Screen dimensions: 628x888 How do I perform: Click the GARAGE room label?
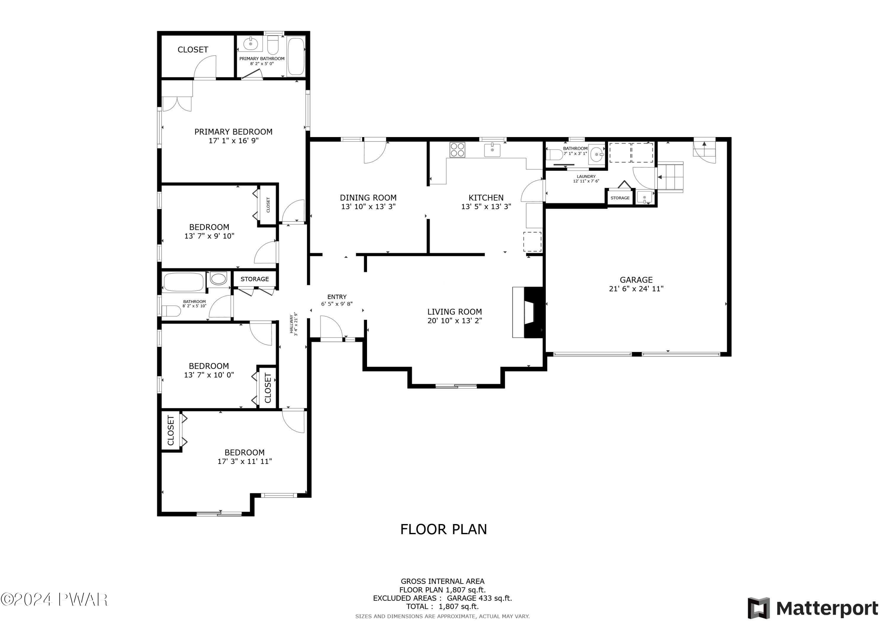pyautogui.click(x=636, y=280)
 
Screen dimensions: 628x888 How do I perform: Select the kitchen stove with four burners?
pyautogui.click(x=457, y=150)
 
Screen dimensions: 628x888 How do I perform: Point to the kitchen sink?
pyautogui.click(x=492, y=150)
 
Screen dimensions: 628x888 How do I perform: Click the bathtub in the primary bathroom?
pyautogui.click(x=296, y=56)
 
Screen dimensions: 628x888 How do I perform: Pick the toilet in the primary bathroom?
pyautogui.click(x=273, y=46)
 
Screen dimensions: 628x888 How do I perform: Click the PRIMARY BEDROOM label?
pyautogui.click(x=233, y=131)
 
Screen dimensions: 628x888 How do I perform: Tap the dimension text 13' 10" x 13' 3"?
pyautogui.click(x=368, y=207)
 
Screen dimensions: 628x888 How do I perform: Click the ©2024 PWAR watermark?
pyautogui.click(x=54, y=599)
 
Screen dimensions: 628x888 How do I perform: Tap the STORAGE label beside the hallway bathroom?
pyautogui.click(x=255, y=279)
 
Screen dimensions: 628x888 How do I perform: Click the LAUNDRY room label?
pyautogui.click(x=586, y=176)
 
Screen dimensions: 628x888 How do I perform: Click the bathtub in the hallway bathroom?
pyautogui.click(x=184, y=282)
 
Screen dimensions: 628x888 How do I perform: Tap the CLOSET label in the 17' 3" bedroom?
pyautogui.click(x=170, y=430)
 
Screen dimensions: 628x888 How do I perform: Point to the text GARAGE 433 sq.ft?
pyautogui.click(x=479, y=598)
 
